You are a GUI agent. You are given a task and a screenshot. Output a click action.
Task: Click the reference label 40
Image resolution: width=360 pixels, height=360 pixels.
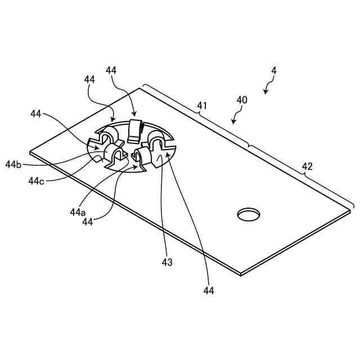coord(242,100)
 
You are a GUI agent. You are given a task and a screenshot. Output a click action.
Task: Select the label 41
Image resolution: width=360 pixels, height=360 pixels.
coord(201,105)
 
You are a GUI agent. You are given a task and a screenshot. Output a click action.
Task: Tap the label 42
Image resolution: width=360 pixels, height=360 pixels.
coord(307,166)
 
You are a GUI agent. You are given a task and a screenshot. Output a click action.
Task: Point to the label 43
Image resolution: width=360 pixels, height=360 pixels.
coord(168,262)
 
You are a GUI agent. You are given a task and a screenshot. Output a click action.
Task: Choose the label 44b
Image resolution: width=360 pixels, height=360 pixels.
coord(13,164)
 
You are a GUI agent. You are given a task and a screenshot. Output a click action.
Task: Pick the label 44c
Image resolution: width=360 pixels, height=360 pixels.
coord(37,181)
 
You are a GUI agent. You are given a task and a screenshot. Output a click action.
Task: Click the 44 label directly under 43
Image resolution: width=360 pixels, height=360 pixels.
coord(209,291)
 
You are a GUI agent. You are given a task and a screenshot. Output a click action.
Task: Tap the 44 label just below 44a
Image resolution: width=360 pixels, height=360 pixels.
coord(87,222)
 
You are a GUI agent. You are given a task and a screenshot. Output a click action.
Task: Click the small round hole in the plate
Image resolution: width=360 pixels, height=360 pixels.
coord(249,214)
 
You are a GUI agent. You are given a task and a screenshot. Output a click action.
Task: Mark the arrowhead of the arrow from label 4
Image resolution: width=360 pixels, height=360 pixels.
coord(265,92)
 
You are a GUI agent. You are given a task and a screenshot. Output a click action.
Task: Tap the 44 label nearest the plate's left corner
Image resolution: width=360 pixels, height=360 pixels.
coord(37,114)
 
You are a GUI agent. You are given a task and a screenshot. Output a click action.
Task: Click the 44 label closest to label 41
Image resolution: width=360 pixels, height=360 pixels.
coord(111,70)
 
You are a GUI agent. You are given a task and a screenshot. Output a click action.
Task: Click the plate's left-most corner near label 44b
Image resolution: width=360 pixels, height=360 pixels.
coord(30,152)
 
